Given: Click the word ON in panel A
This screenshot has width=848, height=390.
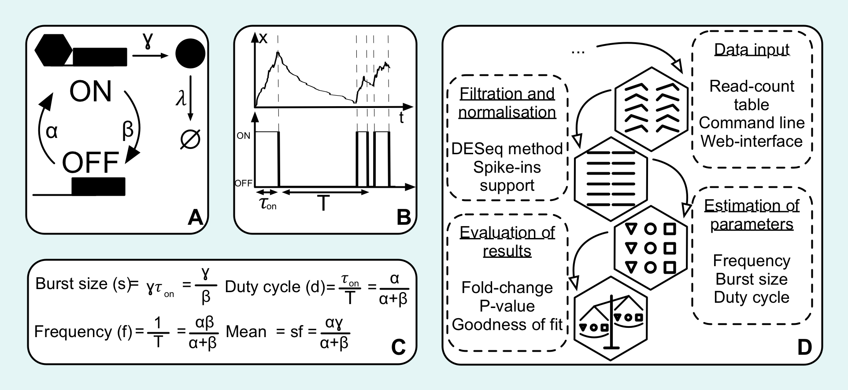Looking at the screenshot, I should pos(90,92).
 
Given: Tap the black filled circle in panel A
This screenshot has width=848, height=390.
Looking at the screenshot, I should pos(190,53).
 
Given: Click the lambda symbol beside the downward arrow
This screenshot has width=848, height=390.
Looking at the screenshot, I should pos(180,99).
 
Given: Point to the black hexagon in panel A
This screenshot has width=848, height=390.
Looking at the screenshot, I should pos(53,50).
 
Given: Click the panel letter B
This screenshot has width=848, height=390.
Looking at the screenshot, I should pos(404,217).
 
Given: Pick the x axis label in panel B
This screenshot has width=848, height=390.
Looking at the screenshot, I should pos(263,38).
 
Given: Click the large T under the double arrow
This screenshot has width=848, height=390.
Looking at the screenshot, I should pos(324,204).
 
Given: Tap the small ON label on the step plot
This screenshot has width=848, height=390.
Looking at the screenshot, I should pos(244,136).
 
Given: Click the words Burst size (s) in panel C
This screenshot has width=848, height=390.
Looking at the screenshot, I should pos(83,284).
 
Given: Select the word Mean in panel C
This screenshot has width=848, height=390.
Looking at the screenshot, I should pos(246,332).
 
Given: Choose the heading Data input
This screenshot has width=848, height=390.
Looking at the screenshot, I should pos(752,50).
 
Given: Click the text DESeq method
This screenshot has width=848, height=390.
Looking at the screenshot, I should pos(507,149).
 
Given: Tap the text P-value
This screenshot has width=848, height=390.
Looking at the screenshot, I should pos(507,306).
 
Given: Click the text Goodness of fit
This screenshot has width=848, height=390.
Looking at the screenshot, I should pos(507,325).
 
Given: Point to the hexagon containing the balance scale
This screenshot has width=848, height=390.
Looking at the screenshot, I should pos(611,319).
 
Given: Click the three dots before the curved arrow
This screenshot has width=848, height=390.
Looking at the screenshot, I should pos(578,52).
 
